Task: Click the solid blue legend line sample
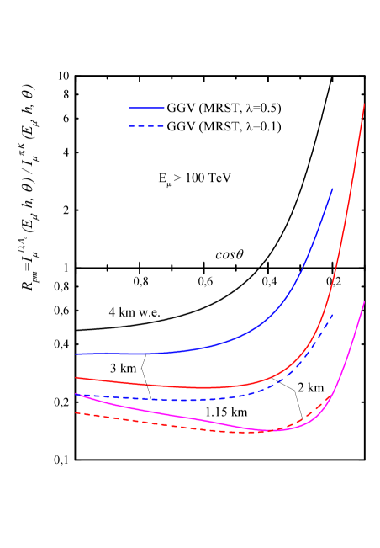pyautogui.click(x=146, y=108)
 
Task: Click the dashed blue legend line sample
pyautogui.click(x=146, y=127)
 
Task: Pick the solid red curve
pyautogui.click(x=210, y=387)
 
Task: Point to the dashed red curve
pyautogui.click(x=168, y=425)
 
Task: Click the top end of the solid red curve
pyautogui.click(x=364, y=104)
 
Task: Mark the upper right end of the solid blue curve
pyautogui.click(x=333, y=189)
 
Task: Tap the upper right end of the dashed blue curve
pyautogui.click(x=333, y=315)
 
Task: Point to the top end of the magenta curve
pyautogui.click(x=364, y=301)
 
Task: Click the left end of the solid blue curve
pyautogui.click(x=76, y=354)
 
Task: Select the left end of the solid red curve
pyautogui.click(x=76, y=378)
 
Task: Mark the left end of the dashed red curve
pyautogui.click(x=76, y=412)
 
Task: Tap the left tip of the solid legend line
pyautogui.click(x=129, y=108)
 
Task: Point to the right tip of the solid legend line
pyautogui.click(x=165, y=108)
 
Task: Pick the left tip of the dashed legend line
pyautogui.click(x=129, y=127)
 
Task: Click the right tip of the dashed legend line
pyautogui.click(x=165, y=127)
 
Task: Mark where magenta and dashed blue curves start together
pyautogui.click(x=76, y=394)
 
